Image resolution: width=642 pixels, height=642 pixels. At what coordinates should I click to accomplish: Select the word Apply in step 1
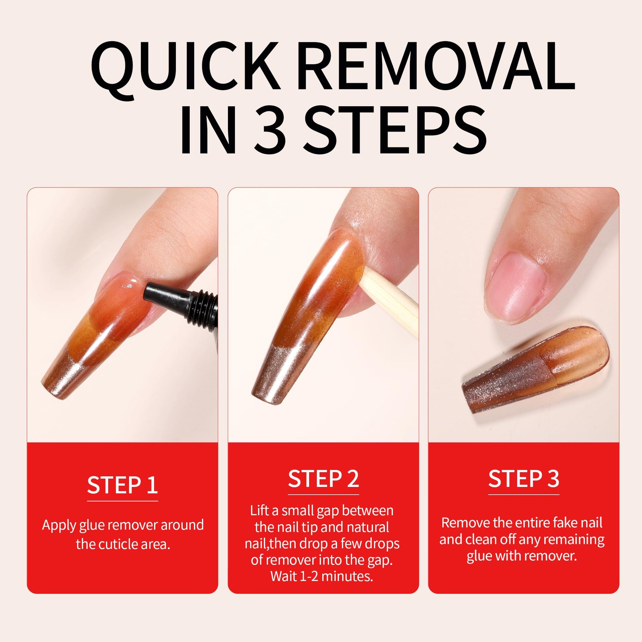click(x=59, y=526)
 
